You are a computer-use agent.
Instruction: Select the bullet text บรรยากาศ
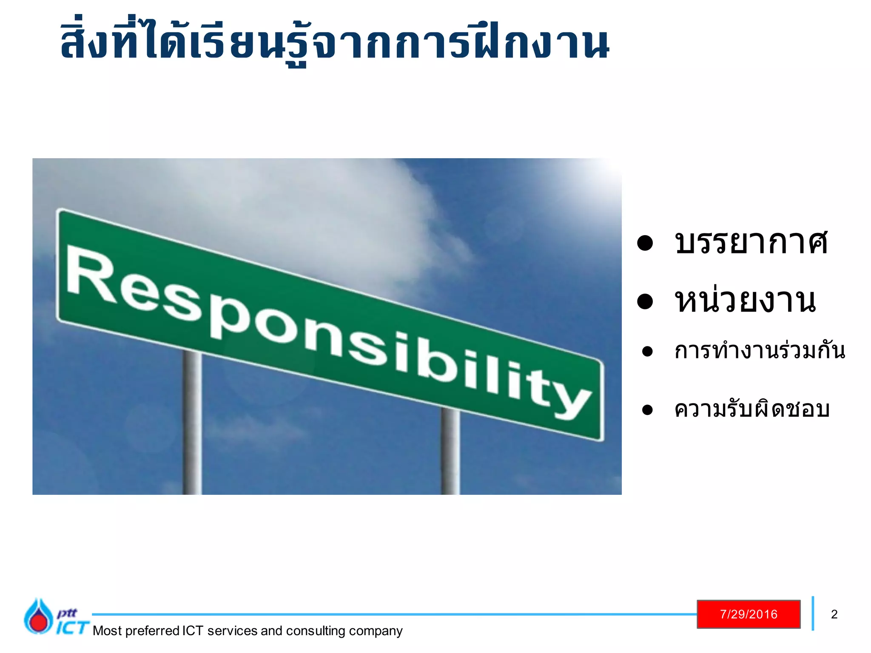pyautogui.click(x=751, y=242)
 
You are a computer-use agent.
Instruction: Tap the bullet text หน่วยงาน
pyautogui.click(x=746, y=301)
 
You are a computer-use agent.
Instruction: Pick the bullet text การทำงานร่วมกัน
pyautogui.click(x=760, y=351)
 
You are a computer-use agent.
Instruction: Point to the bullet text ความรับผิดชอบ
pyautogui.click(x=752, y=409)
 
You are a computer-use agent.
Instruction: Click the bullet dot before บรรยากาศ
pyautogui.click(x=645, y=243)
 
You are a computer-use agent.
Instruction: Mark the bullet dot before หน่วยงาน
pyautogui.click(x=645, y=301)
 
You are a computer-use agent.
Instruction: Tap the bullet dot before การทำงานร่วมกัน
pyautogui.click(x=647, y=352)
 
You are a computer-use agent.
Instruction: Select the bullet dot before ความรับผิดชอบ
pyautogui.click(x=647, y=410)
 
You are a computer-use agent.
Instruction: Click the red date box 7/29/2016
pyautogui.click(x=749, y=614)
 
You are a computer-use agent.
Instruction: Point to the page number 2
pyautogui.click(x=834, y=614)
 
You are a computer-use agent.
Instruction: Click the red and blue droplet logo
pyautogui.click(x=38, y=617)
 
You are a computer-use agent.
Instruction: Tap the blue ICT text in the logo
pyautogui.click(x=72, y=627)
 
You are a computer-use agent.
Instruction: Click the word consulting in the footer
pyautogui.click(x=316, y=631)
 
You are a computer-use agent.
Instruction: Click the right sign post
pyautogui.click(x=450, y=451)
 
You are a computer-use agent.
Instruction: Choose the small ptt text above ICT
pyautogui.click(x=67, y=613)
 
